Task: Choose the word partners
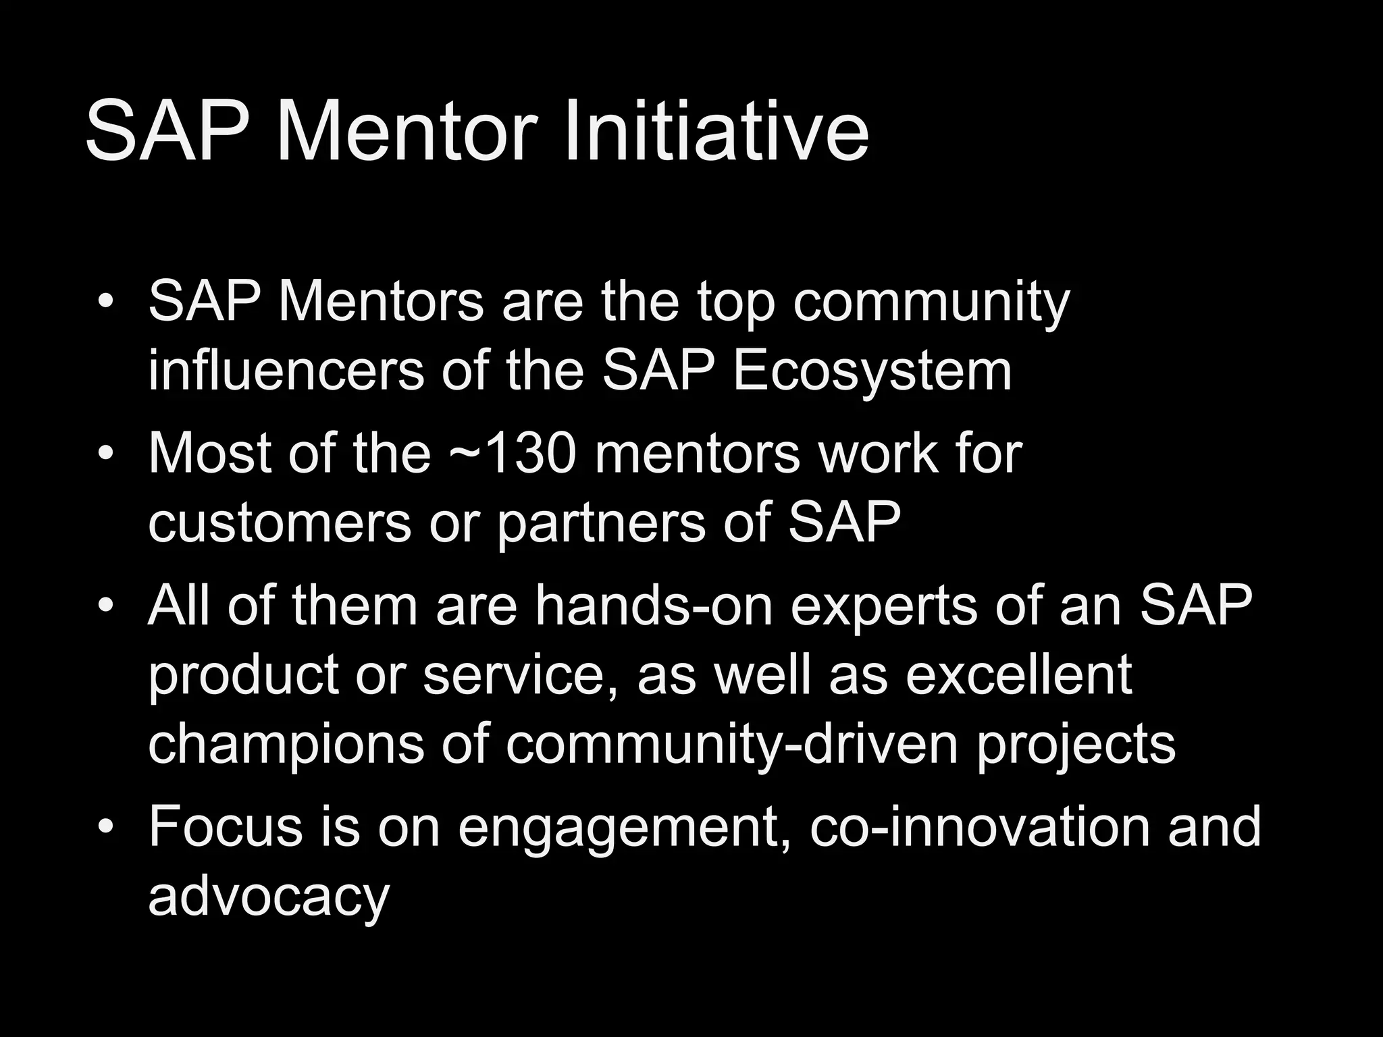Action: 601,524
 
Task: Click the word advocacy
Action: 269,899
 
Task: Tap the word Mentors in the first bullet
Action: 381,301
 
